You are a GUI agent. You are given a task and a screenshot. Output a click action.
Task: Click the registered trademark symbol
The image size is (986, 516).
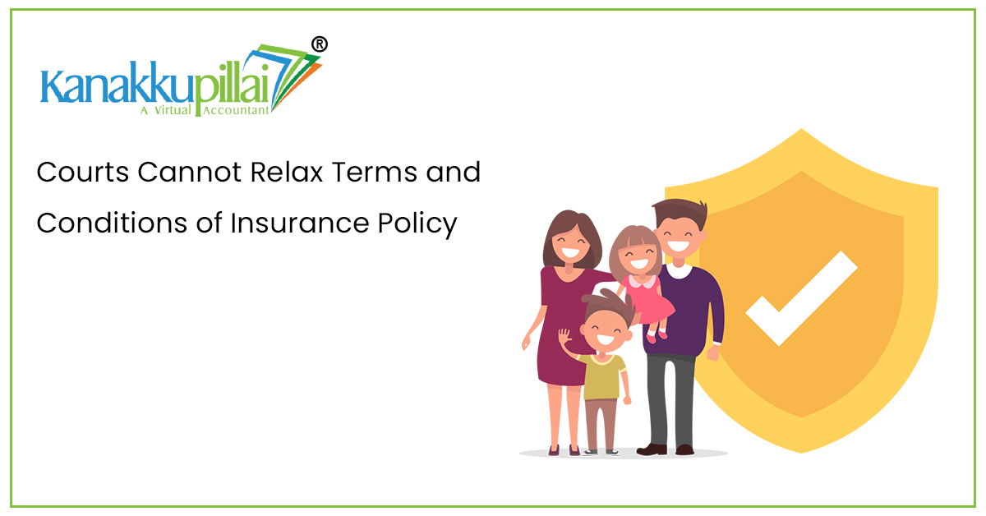coord(319,44)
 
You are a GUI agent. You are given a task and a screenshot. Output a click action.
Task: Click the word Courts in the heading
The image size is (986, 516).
coord(83,172)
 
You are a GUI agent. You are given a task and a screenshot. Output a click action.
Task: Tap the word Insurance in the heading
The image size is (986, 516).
coord(300,223)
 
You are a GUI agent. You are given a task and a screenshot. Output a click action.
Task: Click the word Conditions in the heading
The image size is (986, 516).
coord(113,223)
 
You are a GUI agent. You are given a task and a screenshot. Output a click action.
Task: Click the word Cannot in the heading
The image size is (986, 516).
coord(189,172)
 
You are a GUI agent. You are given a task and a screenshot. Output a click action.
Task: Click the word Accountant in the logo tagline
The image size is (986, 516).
coord(236,110)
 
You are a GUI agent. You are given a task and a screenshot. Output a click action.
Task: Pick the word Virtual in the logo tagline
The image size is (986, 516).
coord(172,110)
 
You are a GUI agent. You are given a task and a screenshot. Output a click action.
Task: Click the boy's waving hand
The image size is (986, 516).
coord(564,337)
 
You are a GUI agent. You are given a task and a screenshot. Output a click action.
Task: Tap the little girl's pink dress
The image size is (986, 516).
coord(647,299)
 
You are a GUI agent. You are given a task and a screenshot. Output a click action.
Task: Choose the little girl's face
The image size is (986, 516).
coord(638,256)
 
